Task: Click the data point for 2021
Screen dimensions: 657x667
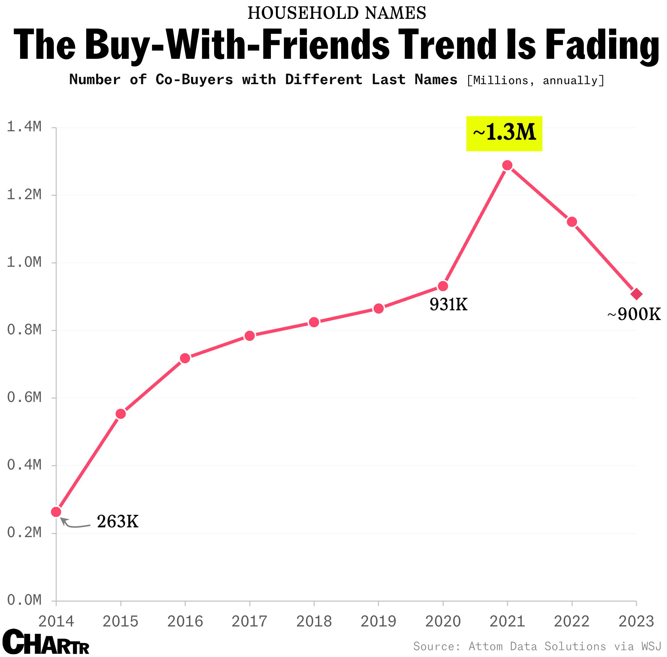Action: click(507, 165)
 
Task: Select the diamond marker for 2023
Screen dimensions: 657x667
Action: click(636, 294)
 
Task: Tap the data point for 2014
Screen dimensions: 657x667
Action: click(56, 512)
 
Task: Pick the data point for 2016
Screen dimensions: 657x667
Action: click(185, 358)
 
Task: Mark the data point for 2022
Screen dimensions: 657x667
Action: click(572, 222)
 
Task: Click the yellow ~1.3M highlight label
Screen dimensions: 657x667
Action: click(504, 134)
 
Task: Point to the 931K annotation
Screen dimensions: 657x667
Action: click(448, 305)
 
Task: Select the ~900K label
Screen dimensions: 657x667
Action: click(634, 314)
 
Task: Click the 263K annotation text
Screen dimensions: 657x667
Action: click(118, 522)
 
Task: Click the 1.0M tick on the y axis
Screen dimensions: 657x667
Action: click(24, 262)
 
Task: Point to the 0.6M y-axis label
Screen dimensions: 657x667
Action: click(24, 397)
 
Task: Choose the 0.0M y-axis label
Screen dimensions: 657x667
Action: click(24, 600)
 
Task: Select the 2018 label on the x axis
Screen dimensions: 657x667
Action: click(314, 622)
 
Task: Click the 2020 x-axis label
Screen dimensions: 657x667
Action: click(443, 622)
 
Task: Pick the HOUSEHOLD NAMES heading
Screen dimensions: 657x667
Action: click(337, 13)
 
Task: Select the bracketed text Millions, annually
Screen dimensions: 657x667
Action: click(535, 80)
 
